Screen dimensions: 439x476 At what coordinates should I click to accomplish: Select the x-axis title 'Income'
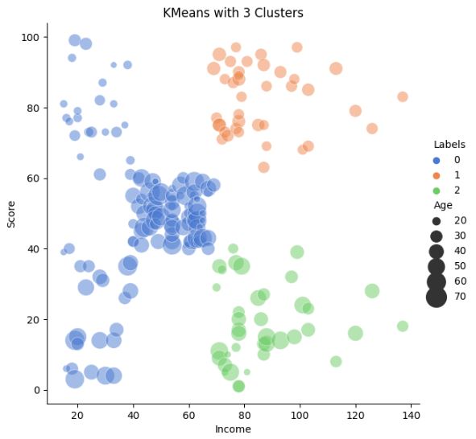233,429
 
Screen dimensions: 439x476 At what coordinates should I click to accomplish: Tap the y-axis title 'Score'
11,215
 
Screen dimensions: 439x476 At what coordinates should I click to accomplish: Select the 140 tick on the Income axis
411,415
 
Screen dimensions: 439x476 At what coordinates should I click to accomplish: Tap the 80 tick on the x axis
244,415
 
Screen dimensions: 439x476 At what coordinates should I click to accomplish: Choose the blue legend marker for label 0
436,160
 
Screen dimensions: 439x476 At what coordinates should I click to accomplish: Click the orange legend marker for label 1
436,174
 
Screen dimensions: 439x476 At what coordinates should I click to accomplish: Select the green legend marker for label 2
436,190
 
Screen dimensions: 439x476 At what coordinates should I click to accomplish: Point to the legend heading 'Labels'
449,145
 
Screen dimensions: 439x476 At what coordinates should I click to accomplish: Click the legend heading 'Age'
442,205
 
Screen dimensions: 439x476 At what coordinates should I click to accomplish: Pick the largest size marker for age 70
437,297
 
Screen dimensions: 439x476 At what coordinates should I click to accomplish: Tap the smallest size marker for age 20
436,220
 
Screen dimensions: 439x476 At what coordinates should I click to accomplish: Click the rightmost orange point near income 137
403,96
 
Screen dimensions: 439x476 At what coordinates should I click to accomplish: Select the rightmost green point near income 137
403,326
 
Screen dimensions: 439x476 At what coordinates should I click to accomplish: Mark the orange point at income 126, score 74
372,129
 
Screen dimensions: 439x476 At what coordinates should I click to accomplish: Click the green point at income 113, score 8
336,361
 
